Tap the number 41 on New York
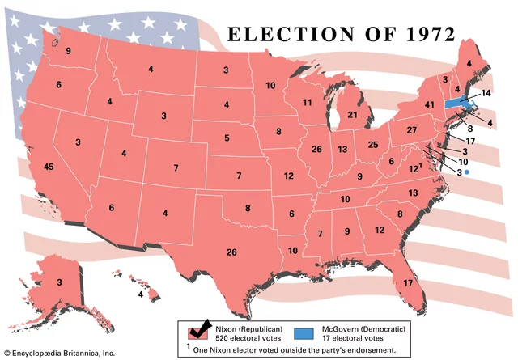[430, 104]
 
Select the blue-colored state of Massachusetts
[456, 104]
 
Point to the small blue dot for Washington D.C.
[466, 172]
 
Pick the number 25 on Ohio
[373, 145]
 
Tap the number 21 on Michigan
[352, 115]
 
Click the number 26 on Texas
[231, 252]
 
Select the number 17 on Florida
[407, 282]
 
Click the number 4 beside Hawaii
[141, 295]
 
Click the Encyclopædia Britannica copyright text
[60, 354]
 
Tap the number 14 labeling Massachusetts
[486, 94]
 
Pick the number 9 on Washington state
[69, 52]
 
